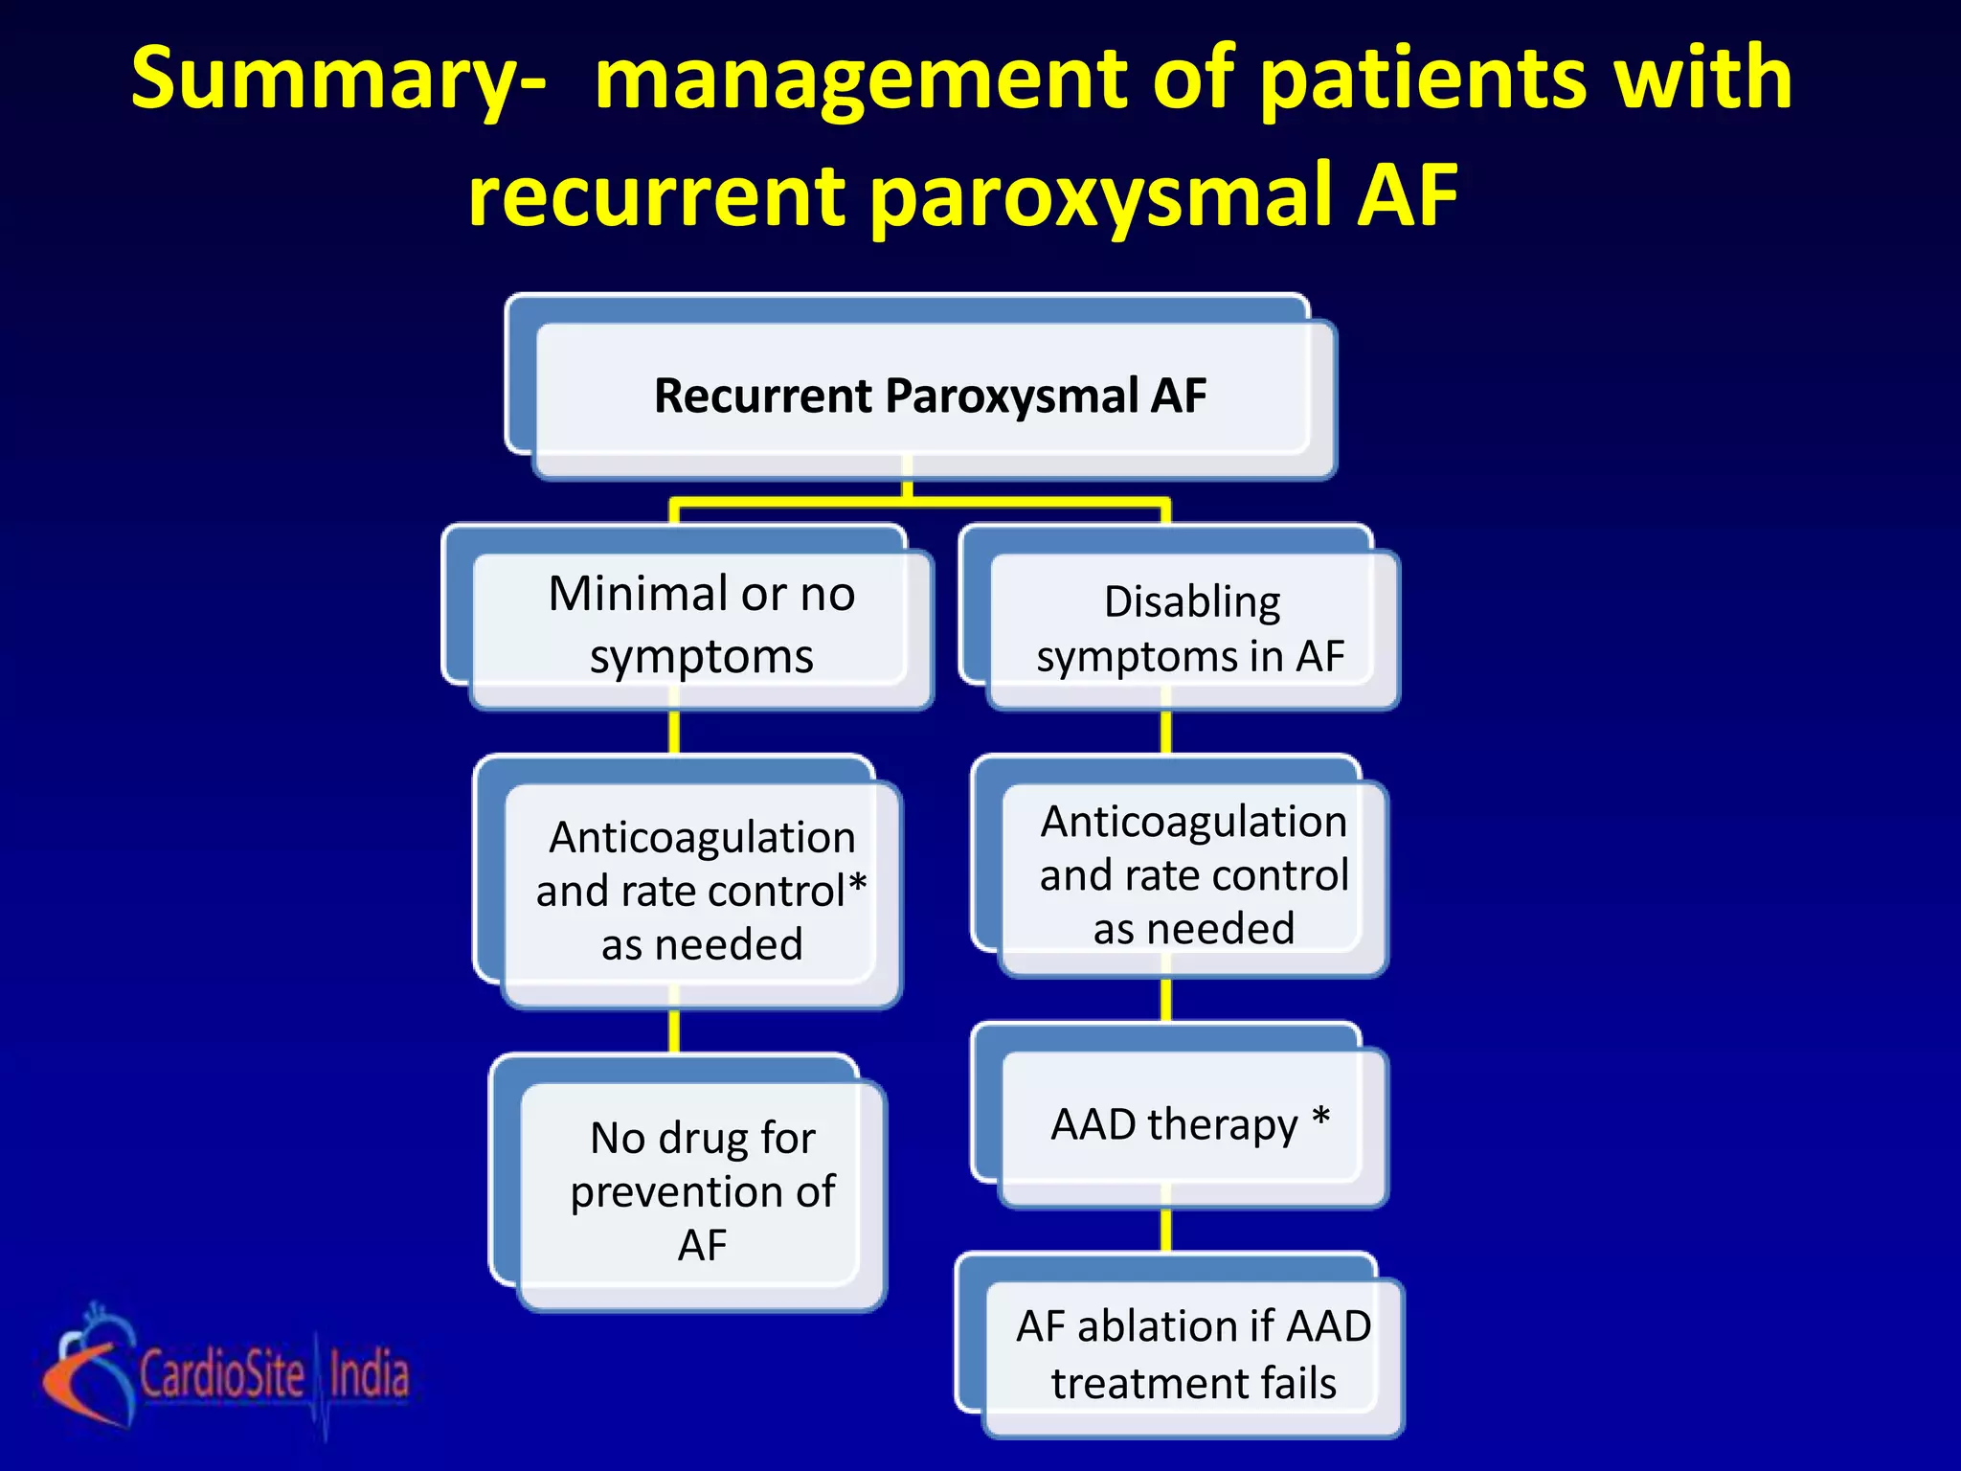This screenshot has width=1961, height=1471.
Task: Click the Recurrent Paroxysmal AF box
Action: [930, 396]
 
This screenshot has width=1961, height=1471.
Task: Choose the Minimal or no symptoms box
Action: [701, 624]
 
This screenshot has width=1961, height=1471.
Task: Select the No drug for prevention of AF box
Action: [702, 1190]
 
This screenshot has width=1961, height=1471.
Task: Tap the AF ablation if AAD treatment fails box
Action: [1193, 1354]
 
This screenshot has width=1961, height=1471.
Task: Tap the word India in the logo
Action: [370, 1373]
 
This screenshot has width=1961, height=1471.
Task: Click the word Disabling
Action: [1192, 602]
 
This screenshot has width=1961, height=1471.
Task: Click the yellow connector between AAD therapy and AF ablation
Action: [1166, 1230]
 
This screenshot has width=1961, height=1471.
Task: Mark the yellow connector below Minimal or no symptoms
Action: [674, 733]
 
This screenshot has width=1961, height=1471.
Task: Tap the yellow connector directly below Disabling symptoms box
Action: [1166, 733]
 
